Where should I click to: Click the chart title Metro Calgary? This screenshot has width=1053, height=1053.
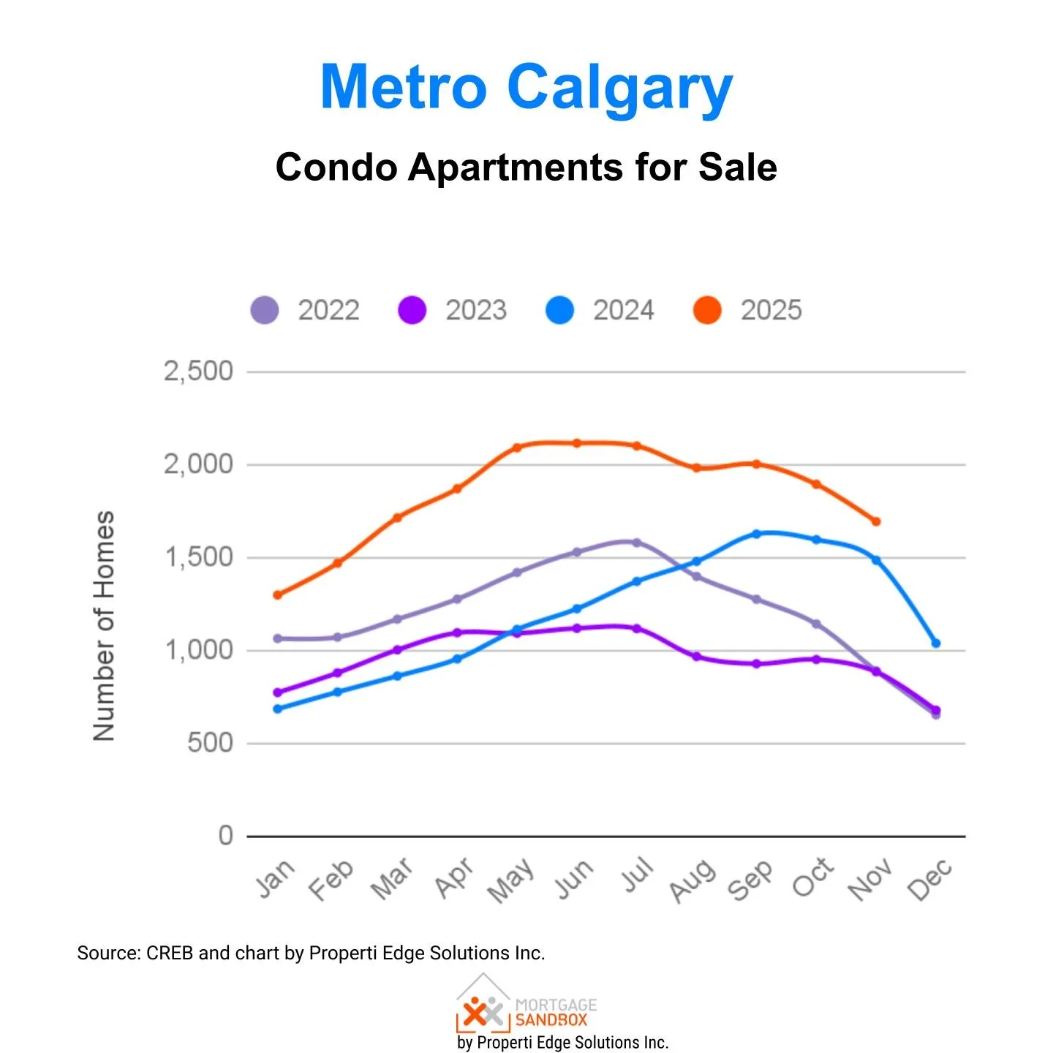526,88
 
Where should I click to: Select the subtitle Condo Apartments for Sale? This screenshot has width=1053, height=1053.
526,167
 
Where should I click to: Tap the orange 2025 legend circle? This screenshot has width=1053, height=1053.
707,310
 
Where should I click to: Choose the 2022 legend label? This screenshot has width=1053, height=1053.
328,310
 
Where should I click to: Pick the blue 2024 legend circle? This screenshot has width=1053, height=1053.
559,310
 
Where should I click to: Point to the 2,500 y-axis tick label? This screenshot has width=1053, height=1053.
198,371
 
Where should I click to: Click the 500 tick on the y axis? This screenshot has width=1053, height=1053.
211,743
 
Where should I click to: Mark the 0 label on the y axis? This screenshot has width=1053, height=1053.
226,836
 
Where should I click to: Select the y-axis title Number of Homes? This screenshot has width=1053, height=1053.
104,626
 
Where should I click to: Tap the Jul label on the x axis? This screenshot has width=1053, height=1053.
637,875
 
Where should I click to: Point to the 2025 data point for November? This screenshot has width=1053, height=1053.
876,522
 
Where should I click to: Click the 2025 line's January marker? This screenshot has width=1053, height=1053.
278,595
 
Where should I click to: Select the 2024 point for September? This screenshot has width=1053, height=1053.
756,534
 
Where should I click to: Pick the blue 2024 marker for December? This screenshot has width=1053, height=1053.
936,643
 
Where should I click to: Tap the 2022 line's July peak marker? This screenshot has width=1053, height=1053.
637,543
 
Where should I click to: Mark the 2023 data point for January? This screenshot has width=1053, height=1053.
278,692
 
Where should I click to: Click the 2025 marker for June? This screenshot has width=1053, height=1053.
577,443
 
